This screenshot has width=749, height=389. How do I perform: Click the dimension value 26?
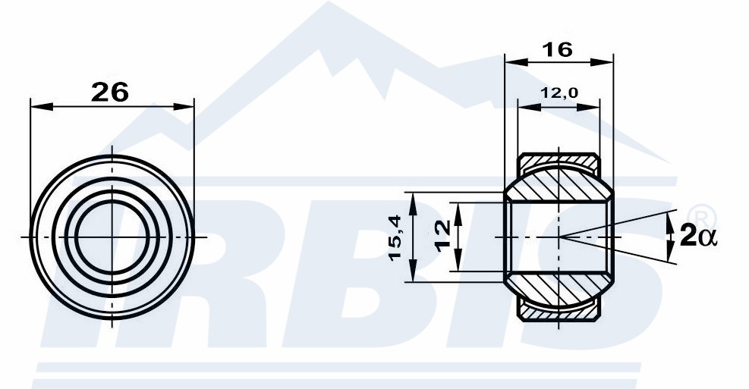click(110, 92)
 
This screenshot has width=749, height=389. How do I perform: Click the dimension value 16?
click(558, 49)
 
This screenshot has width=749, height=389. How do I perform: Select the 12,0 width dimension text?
click(559, 93)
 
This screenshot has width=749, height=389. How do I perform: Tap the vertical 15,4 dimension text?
click(395, 237)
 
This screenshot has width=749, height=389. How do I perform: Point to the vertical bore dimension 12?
click(443, 236)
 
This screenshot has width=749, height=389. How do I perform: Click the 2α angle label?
click(698, 236)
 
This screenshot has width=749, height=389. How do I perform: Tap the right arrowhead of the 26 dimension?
click(184, 106)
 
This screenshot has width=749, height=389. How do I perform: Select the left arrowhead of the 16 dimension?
click(516, 62)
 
